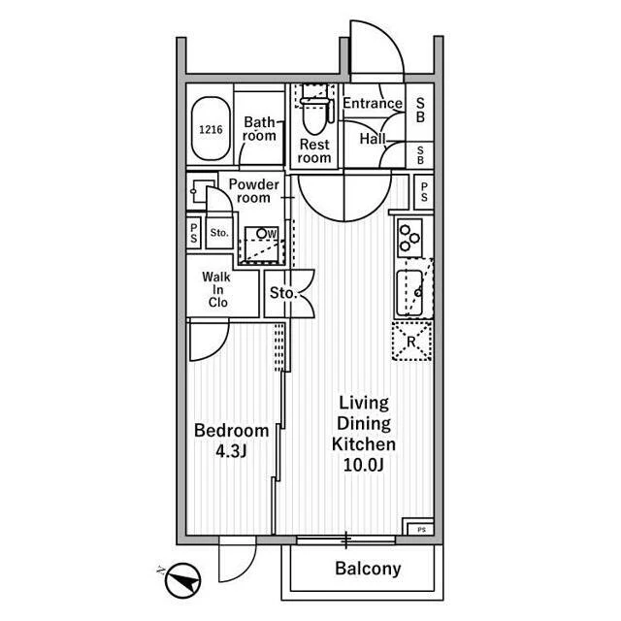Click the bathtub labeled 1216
(x=211, y=128)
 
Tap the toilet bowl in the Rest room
(x=314, y=116)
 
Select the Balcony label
(x=368, y=569)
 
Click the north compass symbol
(x=182, y=580)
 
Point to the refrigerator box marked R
(x=411, y=341)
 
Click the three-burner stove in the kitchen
(x=409, y=239)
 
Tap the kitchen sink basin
(x=409, y=293)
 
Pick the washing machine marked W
(x=261, y=245)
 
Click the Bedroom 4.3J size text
(x=231, y=451)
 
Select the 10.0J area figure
(x=364, y=465)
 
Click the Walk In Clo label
(x=217, y=289)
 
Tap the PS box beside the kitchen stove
(x=424, y=192)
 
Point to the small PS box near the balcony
(x=421, y=530)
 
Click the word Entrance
(x=373, y=104)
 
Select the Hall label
(x=373, y=139)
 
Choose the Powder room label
(x=253, y=191)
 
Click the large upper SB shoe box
(x=420, y=110)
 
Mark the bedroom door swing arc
(x=217, y=348)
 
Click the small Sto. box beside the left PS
(x=219, y=233)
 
